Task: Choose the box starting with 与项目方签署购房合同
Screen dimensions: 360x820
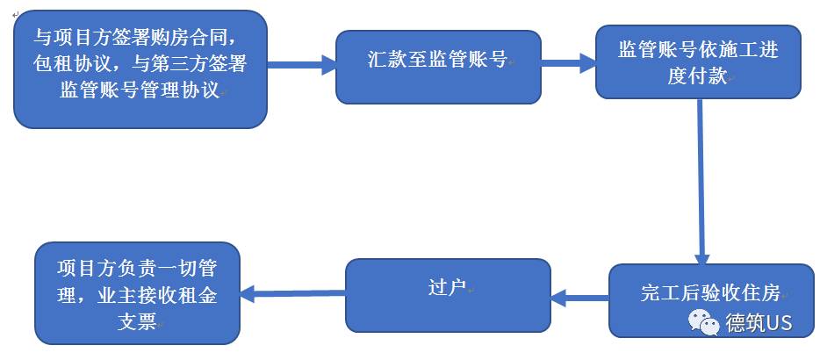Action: [x=140, y=68]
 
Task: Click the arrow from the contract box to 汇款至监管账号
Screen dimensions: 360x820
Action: [x=301, y=65]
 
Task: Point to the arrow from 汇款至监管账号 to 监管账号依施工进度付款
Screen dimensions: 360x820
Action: [x=568, y=64]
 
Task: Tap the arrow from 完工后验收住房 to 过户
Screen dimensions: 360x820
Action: [x=579, y=299]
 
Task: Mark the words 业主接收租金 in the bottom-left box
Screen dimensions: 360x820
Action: [x=162, y=295]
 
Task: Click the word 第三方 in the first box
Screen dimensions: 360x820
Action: [x=181, y=64]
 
